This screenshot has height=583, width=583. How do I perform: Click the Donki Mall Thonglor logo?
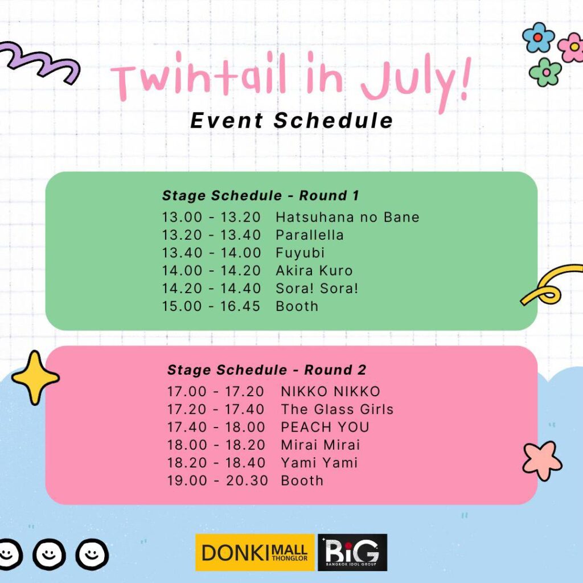(254, 552)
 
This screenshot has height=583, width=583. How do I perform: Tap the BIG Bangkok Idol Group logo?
(352, 552)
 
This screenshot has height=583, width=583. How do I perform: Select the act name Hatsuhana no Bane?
(348, 217)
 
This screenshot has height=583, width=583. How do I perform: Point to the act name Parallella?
(310, 235)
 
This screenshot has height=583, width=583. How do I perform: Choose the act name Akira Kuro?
(314, 270)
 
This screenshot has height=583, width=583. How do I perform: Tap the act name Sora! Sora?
(317, 289)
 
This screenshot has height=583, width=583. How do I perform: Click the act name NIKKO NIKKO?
(331, 392)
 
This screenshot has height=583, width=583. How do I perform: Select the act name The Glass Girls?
(337, 409)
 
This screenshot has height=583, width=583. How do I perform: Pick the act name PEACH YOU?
(325, 427)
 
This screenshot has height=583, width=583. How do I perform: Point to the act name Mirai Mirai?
(321, 445)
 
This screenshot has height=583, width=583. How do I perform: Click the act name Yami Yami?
(319, 463)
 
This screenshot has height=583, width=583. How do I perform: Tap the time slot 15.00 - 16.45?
(211, 306)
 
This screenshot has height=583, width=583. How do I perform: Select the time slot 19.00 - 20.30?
(217, 481)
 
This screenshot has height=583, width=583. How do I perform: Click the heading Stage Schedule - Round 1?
(261, 196)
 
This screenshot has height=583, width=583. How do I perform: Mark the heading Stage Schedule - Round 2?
(267, 370)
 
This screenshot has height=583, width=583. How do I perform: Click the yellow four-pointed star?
(35, 378)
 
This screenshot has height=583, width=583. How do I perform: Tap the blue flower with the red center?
(538, 37)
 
